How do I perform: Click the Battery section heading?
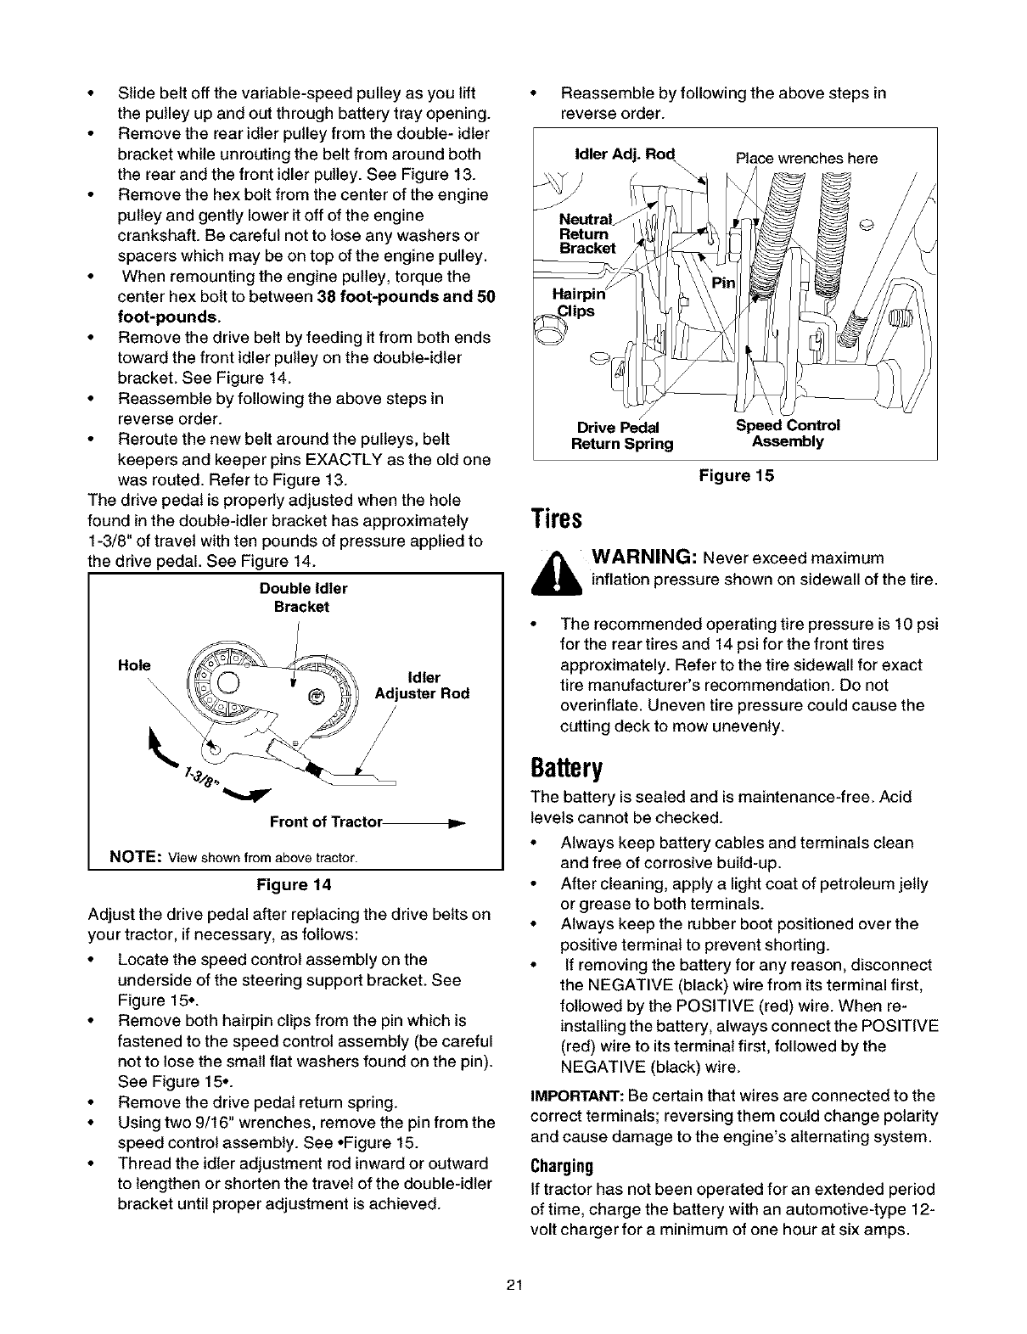[x=566, y=769]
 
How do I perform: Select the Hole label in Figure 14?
[x=134, y=664]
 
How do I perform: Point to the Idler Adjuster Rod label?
[x=423, y=686]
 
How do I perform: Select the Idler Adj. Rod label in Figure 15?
[x=623, y=154]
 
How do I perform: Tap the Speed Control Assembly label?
[x=788, y=434]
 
